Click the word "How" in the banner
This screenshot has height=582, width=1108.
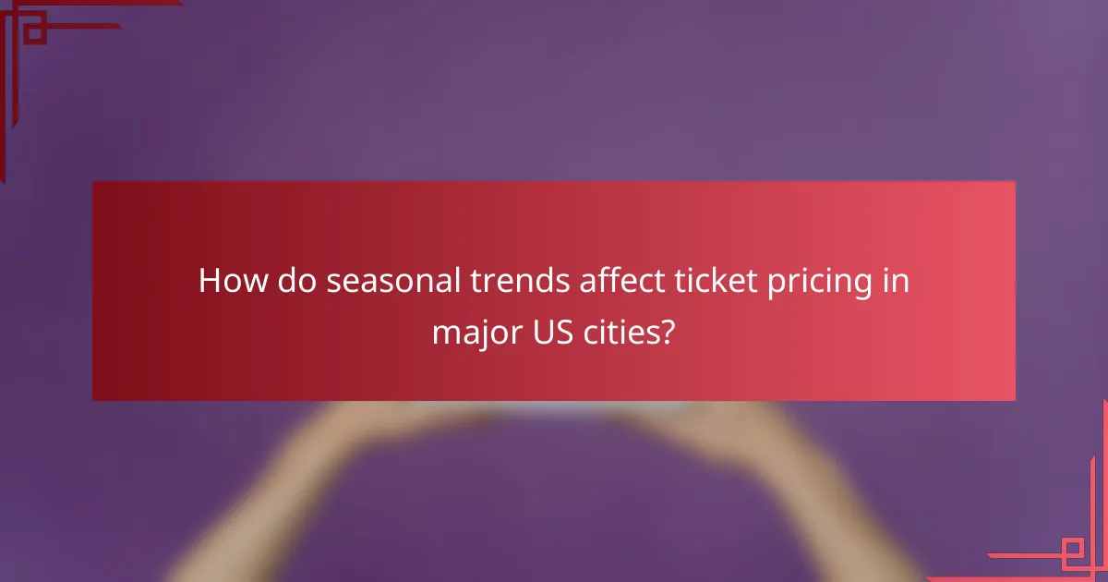226,281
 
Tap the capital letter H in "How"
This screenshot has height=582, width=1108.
210,281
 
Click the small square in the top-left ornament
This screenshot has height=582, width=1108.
33,33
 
